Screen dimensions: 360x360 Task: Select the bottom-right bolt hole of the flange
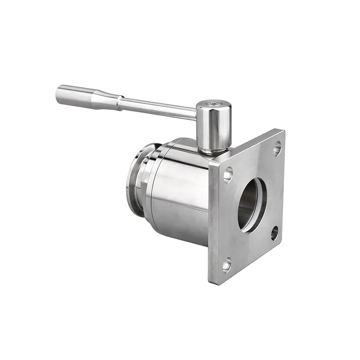pos(274,232)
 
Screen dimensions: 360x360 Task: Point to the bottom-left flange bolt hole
pos(227,264)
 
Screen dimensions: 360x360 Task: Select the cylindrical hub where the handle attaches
pos(214,126)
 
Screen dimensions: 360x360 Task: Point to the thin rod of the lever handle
pos(157,109)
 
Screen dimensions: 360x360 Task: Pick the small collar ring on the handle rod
pos(119,103)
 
